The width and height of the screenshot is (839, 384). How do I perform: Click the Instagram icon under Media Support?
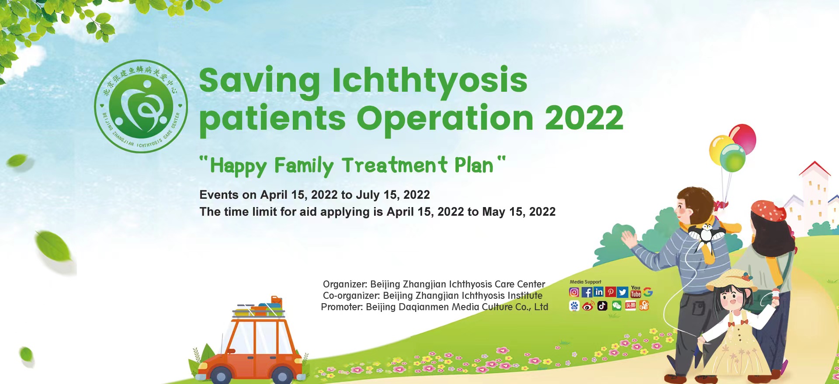point(574,292)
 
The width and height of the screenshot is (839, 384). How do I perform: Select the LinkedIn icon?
point(599,292)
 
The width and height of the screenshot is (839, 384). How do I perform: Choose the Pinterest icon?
point(610,292)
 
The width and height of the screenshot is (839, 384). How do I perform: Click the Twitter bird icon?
point(623,292)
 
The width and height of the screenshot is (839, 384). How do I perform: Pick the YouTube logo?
point(636,291)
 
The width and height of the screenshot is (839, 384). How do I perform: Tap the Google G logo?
point(648,292)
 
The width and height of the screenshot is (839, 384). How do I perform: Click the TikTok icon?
point(603,306)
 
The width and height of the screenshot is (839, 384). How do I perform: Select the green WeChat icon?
point(617,306)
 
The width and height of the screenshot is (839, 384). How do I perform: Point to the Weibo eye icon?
point(588,306)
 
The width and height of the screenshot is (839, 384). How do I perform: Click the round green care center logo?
point(141,106)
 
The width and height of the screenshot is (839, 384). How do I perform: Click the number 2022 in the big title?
point(584,118)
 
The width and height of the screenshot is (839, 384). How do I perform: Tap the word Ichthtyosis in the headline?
point(430,81)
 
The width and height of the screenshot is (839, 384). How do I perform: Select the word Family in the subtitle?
point(304,166)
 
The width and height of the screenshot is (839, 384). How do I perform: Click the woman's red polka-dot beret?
point(769,211)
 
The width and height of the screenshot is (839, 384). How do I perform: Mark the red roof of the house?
point(815,169)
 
